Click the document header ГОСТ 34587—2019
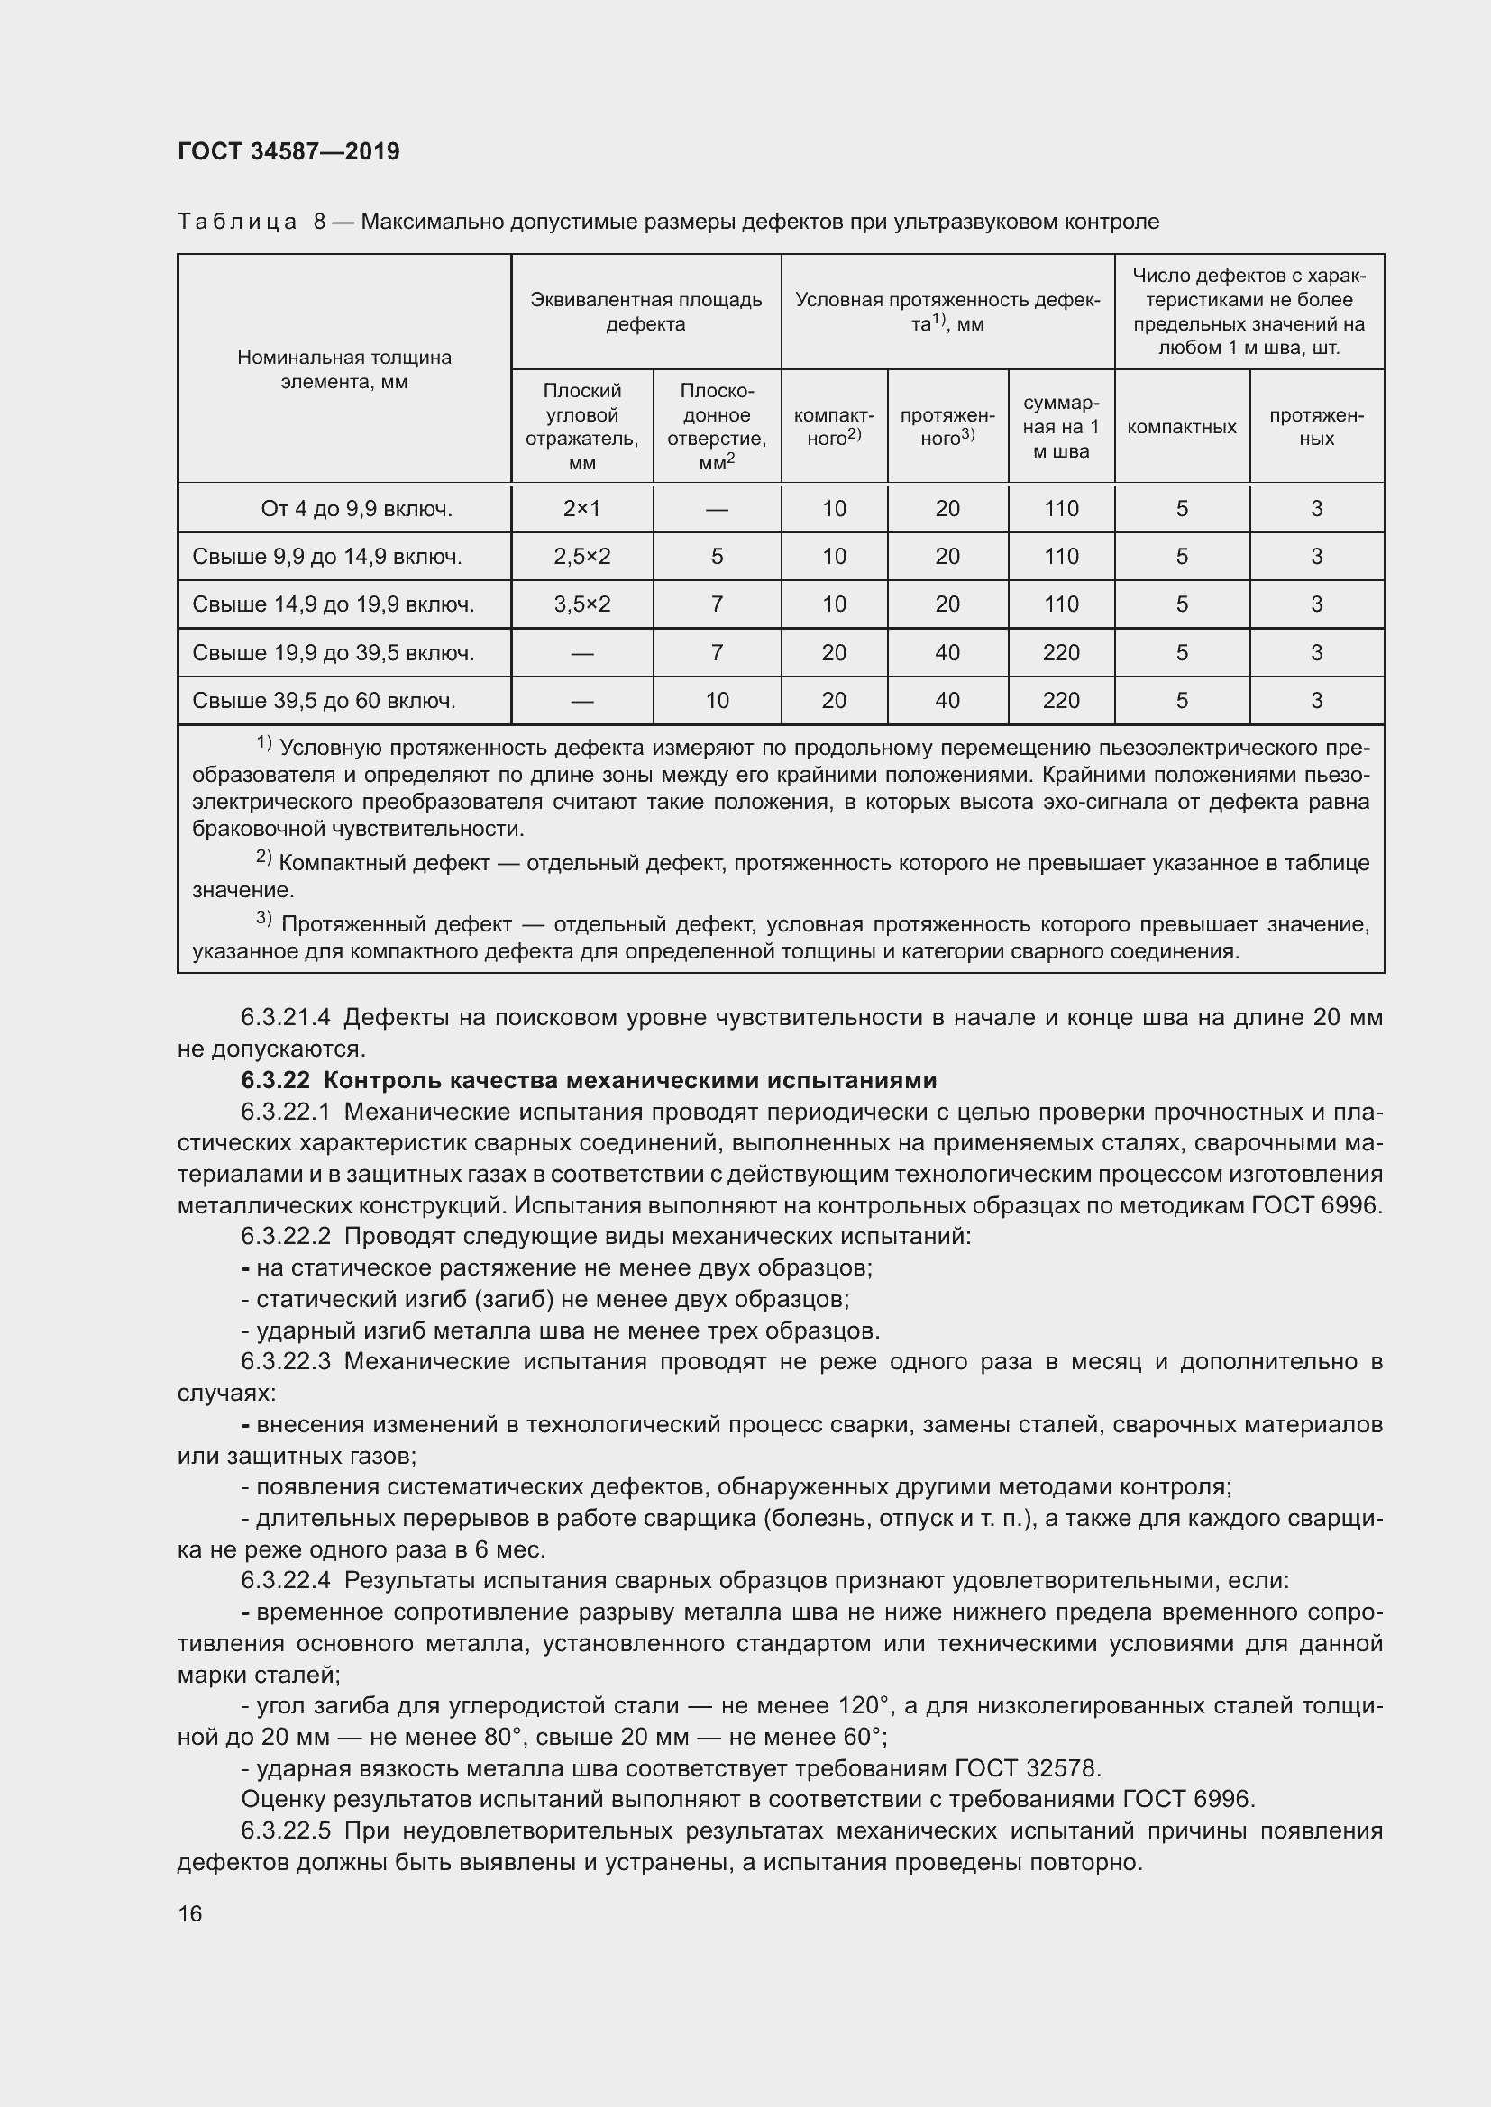click(x=288, y=152)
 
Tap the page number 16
click(x=190, y=1913)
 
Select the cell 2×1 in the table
click(x=582, y=508)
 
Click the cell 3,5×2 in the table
click(x=582, y=604)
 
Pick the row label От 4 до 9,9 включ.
click(x=356, y=508)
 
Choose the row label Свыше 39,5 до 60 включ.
click(x=324, y=701)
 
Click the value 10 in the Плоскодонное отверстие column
click(x=717, y=701)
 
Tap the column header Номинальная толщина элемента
click(x=344, y=370)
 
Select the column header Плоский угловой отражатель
click(x=582, y=427)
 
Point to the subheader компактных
click(x=1182, y=428)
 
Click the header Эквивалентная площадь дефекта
click(x=646, y=312)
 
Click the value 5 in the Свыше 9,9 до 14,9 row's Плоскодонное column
click(x=717, y=556)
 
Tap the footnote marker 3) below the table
click(x=263, y=918)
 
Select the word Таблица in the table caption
click(x=237, y=223)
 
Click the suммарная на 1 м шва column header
click(x=1061, y=428)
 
